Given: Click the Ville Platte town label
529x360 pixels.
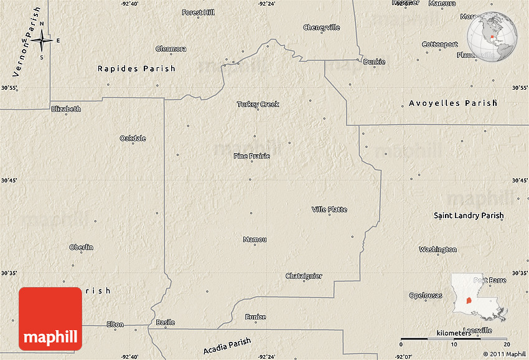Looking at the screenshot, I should (329, 209).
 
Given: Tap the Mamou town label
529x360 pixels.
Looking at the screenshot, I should (255, 239).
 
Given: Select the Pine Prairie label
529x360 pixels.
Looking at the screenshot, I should (251, 156).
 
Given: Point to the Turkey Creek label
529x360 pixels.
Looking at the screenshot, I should (258, 104).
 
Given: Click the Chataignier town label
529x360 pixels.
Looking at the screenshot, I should (304, 276).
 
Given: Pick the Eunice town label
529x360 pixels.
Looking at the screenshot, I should (255, 317).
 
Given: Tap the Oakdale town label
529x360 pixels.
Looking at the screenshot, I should (133, 138).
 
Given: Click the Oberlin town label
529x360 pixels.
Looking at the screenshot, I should (81, 247).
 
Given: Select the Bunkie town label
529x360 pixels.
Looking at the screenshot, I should (374, 62).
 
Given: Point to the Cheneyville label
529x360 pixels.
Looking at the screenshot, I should (322, 27).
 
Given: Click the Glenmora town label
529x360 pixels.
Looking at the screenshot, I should (171, 49).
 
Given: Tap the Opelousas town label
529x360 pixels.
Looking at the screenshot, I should (426, 295).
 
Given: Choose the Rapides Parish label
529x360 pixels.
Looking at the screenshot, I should (136, 69).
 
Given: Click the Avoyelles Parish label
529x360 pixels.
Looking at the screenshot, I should (453, 103).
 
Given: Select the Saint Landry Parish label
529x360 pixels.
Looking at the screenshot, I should (469, 216).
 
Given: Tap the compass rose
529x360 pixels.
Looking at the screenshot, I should (42, 41).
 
